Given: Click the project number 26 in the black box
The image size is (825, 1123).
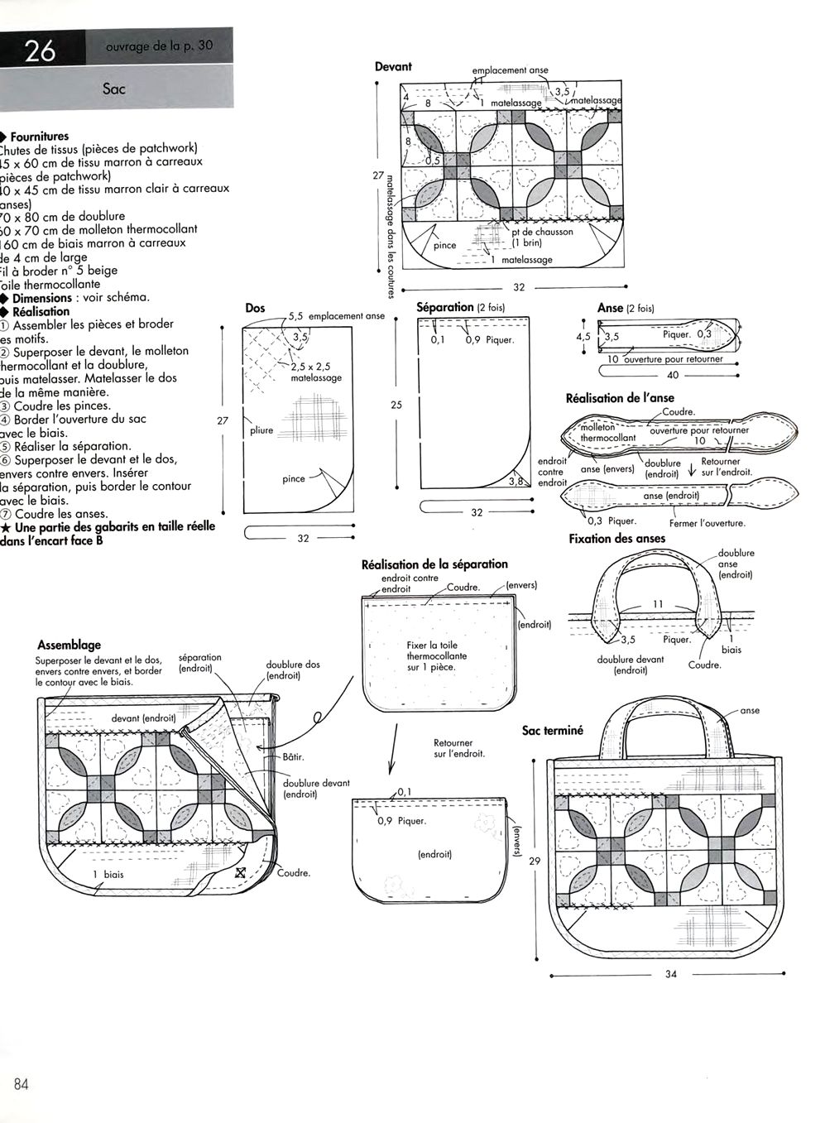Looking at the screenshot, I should point(40,51).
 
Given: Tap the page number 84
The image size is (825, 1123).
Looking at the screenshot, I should point(22,1085).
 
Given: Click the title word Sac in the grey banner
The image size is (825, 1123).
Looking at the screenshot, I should point(114,88).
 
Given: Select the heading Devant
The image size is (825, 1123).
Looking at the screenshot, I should point(393,67).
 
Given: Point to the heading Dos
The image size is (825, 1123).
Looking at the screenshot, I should point(256,308).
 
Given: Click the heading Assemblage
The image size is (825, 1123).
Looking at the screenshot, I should point(70,645).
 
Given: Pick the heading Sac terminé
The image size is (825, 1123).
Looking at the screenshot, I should point(553,731).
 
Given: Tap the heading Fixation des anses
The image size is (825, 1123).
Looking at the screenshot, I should point(616,539).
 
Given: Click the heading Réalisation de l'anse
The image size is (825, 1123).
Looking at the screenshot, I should point(620,398).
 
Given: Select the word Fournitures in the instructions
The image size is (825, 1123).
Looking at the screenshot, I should point(40,137).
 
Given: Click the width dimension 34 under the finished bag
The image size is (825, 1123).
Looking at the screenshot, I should point(670,974).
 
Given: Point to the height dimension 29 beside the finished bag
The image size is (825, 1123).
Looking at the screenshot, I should point(535,861).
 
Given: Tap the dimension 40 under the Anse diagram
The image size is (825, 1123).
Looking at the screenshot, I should point(672,375).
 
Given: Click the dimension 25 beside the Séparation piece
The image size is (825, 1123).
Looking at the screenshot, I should point(396,406).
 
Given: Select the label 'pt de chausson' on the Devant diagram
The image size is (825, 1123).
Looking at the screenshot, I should point(542,232).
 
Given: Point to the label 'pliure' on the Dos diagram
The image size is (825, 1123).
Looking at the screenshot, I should point(261,430).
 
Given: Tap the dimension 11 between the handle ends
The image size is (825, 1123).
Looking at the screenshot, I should point(658,604).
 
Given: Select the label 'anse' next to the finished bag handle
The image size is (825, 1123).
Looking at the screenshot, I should point(750,710).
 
